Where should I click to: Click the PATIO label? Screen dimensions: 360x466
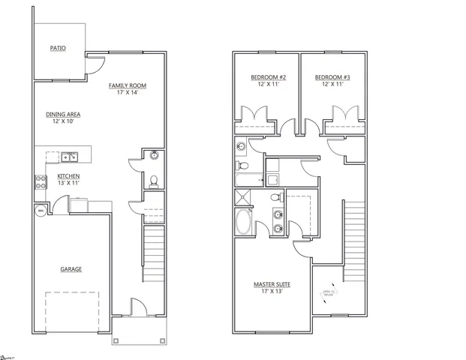pos(58,47)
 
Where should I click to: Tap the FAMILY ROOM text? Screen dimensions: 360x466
pos(126,85)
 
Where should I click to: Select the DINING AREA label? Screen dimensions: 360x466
pos(63,114)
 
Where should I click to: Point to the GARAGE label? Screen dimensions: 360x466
pos(71,269)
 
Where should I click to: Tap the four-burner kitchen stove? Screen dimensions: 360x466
pos(40,180)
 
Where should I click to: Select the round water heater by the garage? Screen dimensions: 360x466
pos(40,211)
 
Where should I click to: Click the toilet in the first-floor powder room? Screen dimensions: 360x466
pos(154,180)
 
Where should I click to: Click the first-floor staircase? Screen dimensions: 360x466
pos(153,251)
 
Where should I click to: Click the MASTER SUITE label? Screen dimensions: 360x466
pos(272,284)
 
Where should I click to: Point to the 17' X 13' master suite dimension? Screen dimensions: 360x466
pos(272,292)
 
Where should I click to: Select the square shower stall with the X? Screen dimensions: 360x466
pos(243,198)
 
